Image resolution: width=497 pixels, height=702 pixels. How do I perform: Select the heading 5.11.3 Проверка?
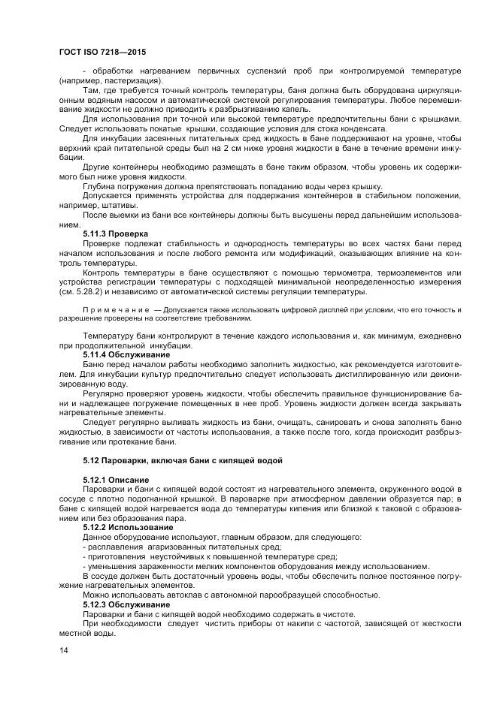[x=115, y=233]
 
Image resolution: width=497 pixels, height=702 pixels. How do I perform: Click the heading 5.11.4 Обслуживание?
[x=126, y=354]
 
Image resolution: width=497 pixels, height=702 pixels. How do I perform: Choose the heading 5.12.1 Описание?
[x=116, y=479]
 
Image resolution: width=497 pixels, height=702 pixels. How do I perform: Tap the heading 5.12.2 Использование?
[x=129, y=527]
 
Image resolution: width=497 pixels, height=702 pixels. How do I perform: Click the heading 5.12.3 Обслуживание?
[x=126, y=604]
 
